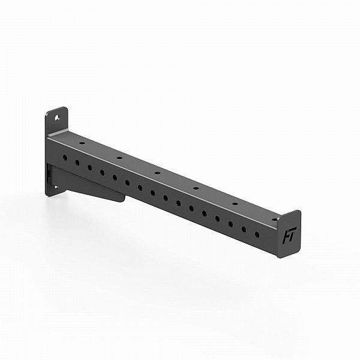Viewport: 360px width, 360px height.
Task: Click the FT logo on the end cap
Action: [x=289, y=236]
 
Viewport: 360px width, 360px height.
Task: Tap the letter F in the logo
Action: [x=286, y=236]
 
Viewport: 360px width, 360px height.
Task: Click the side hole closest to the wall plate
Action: [x=65, y=157]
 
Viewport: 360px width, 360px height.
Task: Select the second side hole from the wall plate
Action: [x=77, y=162]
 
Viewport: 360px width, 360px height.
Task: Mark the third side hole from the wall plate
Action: [x=89, y=167]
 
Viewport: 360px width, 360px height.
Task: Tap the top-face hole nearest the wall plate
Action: [x=82, y=143]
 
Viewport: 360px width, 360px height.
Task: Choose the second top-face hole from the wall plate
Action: [x=119, y=158]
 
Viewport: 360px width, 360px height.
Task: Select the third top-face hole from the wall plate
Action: [x=157, y=173]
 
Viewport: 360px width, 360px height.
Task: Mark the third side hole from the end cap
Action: [x=230, y=223]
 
